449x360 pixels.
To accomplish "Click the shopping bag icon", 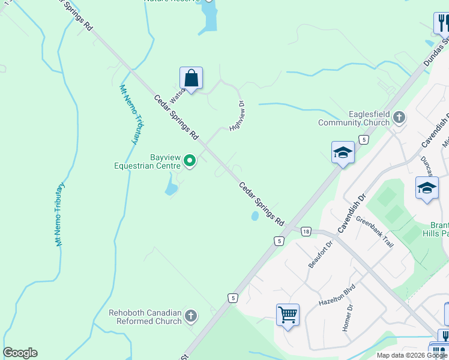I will click(x=191, y=79).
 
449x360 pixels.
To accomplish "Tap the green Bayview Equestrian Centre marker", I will click(x=190, y=160).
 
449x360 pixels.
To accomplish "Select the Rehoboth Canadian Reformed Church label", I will click(x=145, y=317).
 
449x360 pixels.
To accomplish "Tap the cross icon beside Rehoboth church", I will click(x=191, y=316).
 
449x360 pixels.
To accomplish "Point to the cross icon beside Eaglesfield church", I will click(x=399, y=118).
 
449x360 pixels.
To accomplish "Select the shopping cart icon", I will click(x=288, y=314).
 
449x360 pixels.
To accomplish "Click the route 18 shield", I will click(x=306, y=232).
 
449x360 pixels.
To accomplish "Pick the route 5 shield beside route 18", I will click(x=279, y=241).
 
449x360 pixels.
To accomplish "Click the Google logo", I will click(x=20, y=353).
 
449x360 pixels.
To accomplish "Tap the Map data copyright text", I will click(x=411, y=355).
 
